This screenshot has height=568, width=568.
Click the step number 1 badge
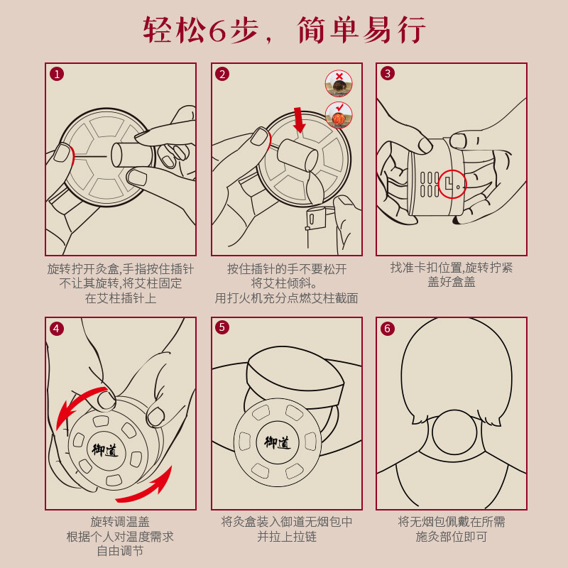pyautogui.click(x=57, y=74)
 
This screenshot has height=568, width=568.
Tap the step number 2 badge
pyautogui.click(x=222, y=74)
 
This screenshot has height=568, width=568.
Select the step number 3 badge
pyautogui.click(x=387, y=74)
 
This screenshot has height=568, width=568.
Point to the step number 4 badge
pyautogui.click(x=57, y=329)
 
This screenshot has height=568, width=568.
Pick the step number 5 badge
pyautogui.click(x=222, y=327)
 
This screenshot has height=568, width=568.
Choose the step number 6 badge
pyautogui.click(x=387, y=329)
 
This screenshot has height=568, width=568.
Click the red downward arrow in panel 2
pyautogui.click(x=299, y=120)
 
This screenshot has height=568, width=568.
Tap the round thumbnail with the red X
pyautogui.click(x=339, y=84)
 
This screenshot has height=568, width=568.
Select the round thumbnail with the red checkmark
pyautogui.click(x=339, y=115)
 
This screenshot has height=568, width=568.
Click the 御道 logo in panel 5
pyautogui.click(x=278, y=442)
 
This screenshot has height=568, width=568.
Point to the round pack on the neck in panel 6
pyautogui.click(x=454, y=432)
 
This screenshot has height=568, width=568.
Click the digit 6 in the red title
pyautogui.click(x=217, y=31)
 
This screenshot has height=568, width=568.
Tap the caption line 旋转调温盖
pyautogui.click(x=120, y=522)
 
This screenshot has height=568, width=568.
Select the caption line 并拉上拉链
pyautogui.click(x=287, y=537)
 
